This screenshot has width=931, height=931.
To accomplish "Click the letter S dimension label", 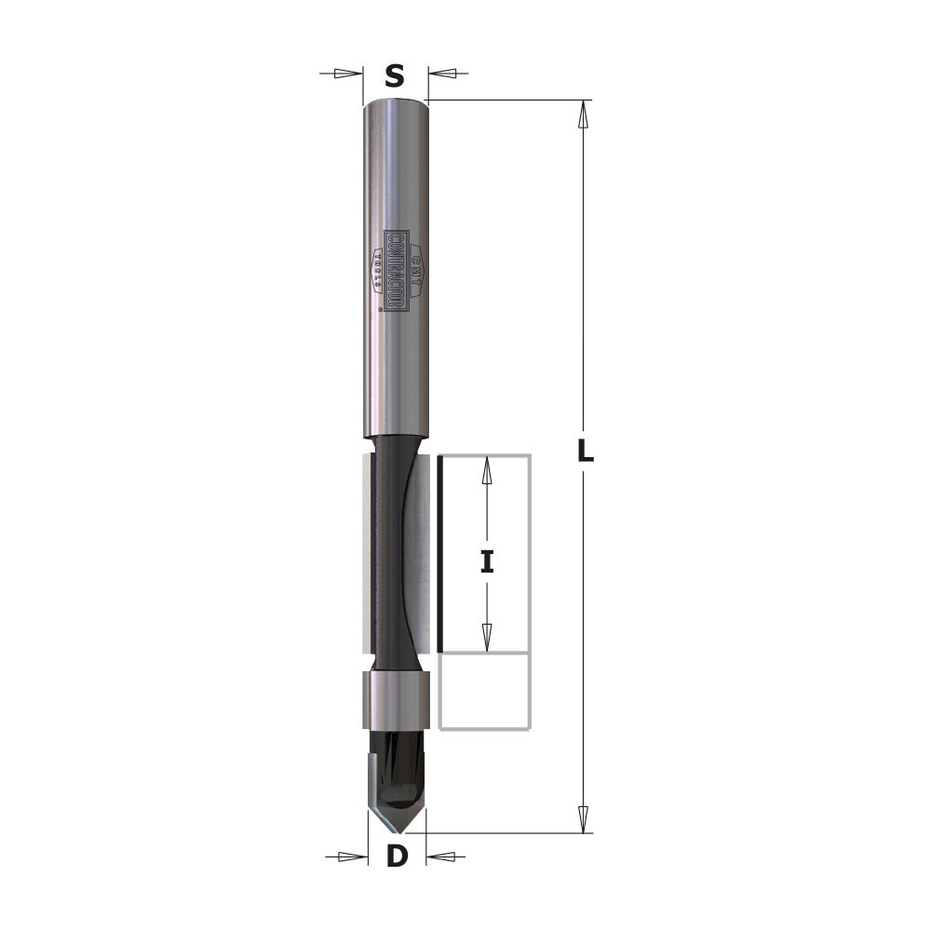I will click(x=395, y=75).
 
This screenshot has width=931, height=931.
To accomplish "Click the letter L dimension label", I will click(x=585, y=452).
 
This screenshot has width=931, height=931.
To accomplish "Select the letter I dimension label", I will click(x=486, y=561).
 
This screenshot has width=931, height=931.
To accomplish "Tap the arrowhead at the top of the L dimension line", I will click(x=584, y=115).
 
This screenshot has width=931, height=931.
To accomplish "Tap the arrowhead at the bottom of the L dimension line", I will click(x=584, y=819).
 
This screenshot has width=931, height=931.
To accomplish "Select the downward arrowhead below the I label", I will click(x=486, y=637).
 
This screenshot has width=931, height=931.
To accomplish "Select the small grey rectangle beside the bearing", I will click(x=483, y=690).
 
